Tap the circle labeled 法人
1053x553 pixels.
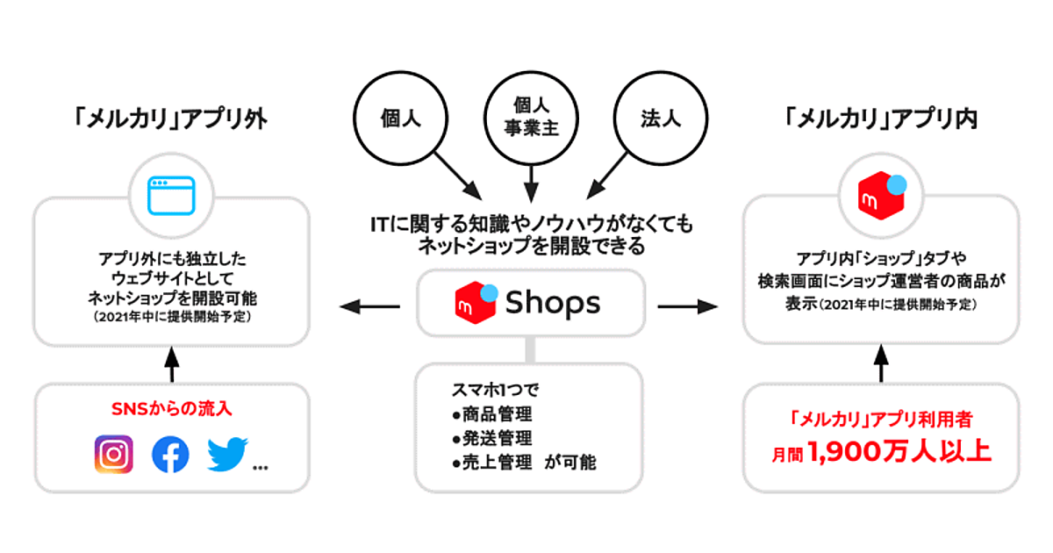pos(658,118)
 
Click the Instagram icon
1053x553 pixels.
pos(114,454)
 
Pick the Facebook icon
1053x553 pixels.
pos(170,454)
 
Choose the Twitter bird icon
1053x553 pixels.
pos(228,454)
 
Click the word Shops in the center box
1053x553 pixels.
pos(553,303)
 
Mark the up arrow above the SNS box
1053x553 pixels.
pos(171,364)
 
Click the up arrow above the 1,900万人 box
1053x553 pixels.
pos(880,364)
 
